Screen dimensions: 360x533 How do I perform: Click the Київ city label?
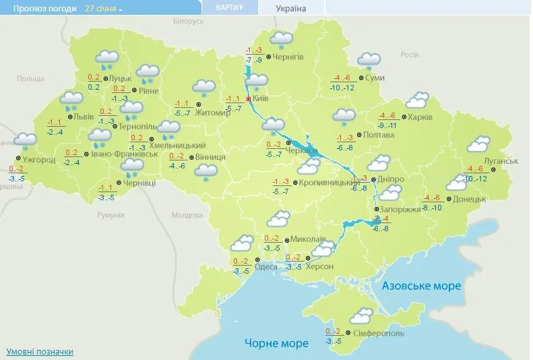pyautogui.click(x=262, y=98)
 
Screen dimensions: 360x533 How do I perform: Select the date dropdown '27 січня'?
pyautogui.click(x=104, y=9)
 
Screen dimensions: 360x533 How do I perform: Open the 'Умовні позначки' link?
pyautogui.click(x=40, y=352)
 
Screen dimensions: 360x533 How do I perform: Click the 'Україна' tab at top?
pyautogui.click(x=291, y=9)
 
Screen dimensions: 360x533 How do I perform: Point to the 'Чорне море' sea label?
pyautogui.click(x=277, y=343)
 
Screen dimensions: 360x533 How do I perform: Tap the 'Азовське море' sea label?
pyautogui.click(x=422, y=286)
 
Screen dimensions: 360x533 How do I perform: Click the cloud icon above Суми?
pyautogui.click(x=368, y=61)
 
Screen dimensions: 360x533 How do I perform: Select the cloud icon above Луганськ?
pyautogui.click(x=478, y=144)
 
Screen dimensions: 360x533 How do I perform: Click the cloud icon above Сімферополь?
pyautogui.click(x=363, y=315)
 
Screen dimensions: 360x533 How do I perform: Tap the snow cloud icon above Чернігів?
pyautogui.click(x=282, y=40)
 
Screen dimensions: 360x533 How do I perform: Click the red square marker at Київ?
pyautogui.click(x=248, y=98)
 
